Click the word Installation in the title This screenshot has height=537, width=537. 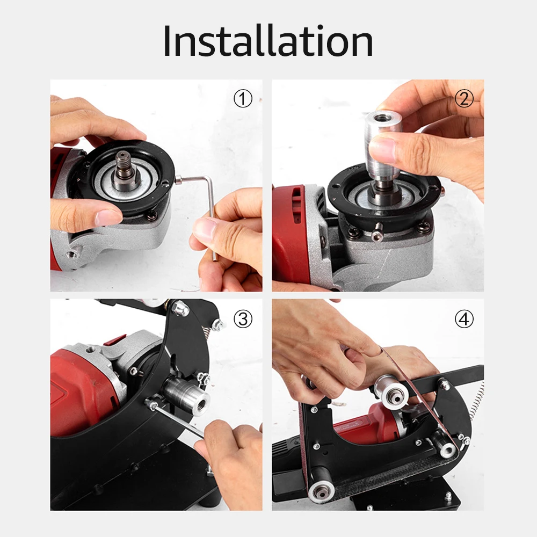point(268,41)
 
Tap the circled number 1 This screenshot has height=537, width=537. point(243,99)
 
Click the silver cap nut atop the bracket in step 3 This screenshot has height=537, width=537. point(179,308)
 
